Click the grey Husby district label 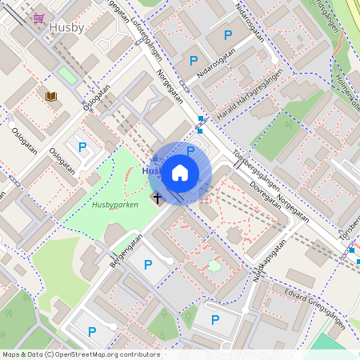tap(66, 27)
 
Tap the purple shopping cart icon tap(38, 18)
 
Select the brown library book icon tap(52, 97)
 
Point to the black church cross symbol tap(158, 197)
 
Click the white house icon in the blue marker tap(180, 172)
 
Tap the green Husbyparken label tap(115, 205)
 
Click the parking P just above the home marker tap(190, 150)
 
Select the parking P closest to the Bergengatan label tap(147, 264)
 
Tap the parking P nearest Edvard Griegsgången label tap(215, 319)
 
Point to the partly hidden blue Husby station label tap(150, 170)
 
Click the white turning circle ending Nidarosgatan tap(274, 59)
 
